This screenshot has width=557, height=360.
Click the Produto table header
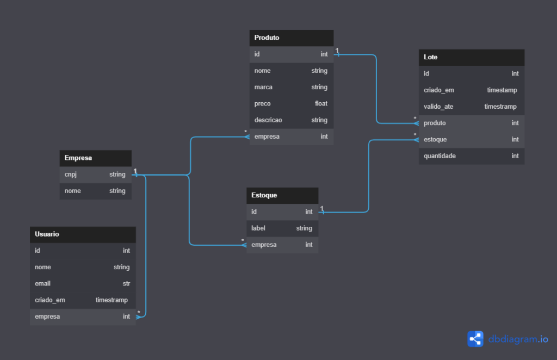pos(267,38)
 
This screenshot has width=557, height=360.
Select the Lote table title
pos(430,57)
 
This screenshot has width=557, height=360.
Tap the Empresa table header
pos(78,158)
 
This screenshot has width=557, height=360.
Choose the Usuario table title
pos(47,234)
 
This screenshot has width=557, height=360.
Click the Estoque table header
pos(264,195)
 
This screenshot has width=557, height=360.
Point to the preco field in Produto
pos(263,104)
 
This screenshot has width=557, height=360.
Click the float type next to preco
pos(321,104)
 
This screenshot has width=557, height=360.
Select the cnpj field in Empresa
pos(71,175)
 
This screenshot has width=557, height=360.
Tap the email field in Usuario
pos(42,284)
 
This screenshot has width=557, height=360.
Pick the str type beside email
pos(126,284)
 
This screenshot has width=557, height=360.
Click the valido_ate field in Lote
pos(438,107)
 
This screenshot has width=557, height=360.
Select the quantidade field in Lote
pos(440,156)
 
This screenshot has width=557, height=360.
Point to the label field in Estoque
pos(258,228)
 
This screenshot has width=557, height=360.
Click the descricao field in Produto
pos(268,120)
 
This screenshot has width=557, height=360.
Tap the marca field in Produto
pos(263,88)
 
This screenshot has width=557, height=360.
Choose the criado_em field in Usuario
pos(50,300)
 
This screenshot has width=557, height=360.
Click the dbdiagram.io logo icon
pos(475,339)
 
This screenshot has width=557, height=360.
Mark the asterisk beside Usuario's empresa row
pos(139,313)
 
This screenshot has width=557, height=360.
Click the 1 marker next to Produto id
pos(337,51)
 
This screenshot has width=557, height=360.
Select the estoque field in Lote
pos(435,140)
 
